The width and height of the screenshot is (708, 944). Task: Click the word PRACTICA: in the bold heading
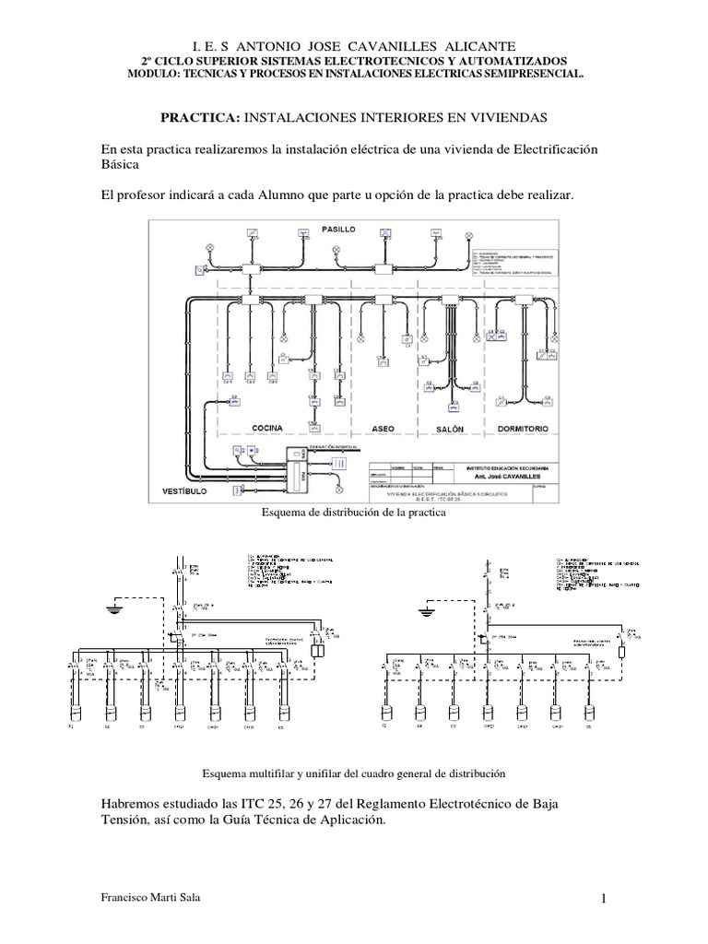(201, 118)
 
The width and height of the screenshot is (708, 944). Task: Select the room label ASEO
(383, 429)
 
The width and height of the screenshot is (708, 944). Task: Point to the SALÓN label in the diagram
(449, 429)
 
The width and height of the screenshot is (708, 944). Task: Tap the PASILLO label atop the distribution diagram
(339, 227)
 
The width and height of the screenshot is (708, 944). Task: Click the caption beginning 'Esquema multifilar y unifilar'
(354, 772)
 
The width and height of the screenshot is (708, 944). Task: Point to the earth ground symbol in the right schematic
(426, 611)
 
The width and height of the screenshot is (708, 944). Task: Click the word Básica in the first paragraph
(120, 164)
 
